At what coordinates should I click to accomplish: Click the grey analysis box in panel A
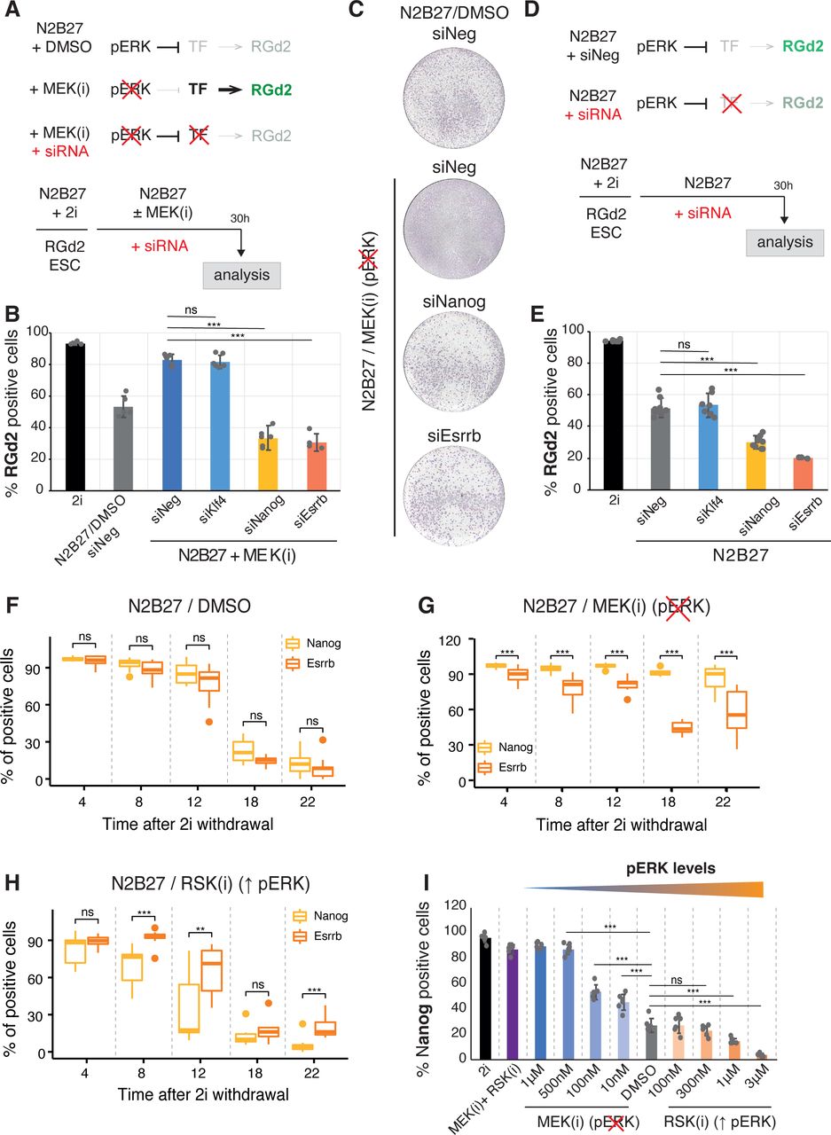(x=242, y=275)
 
